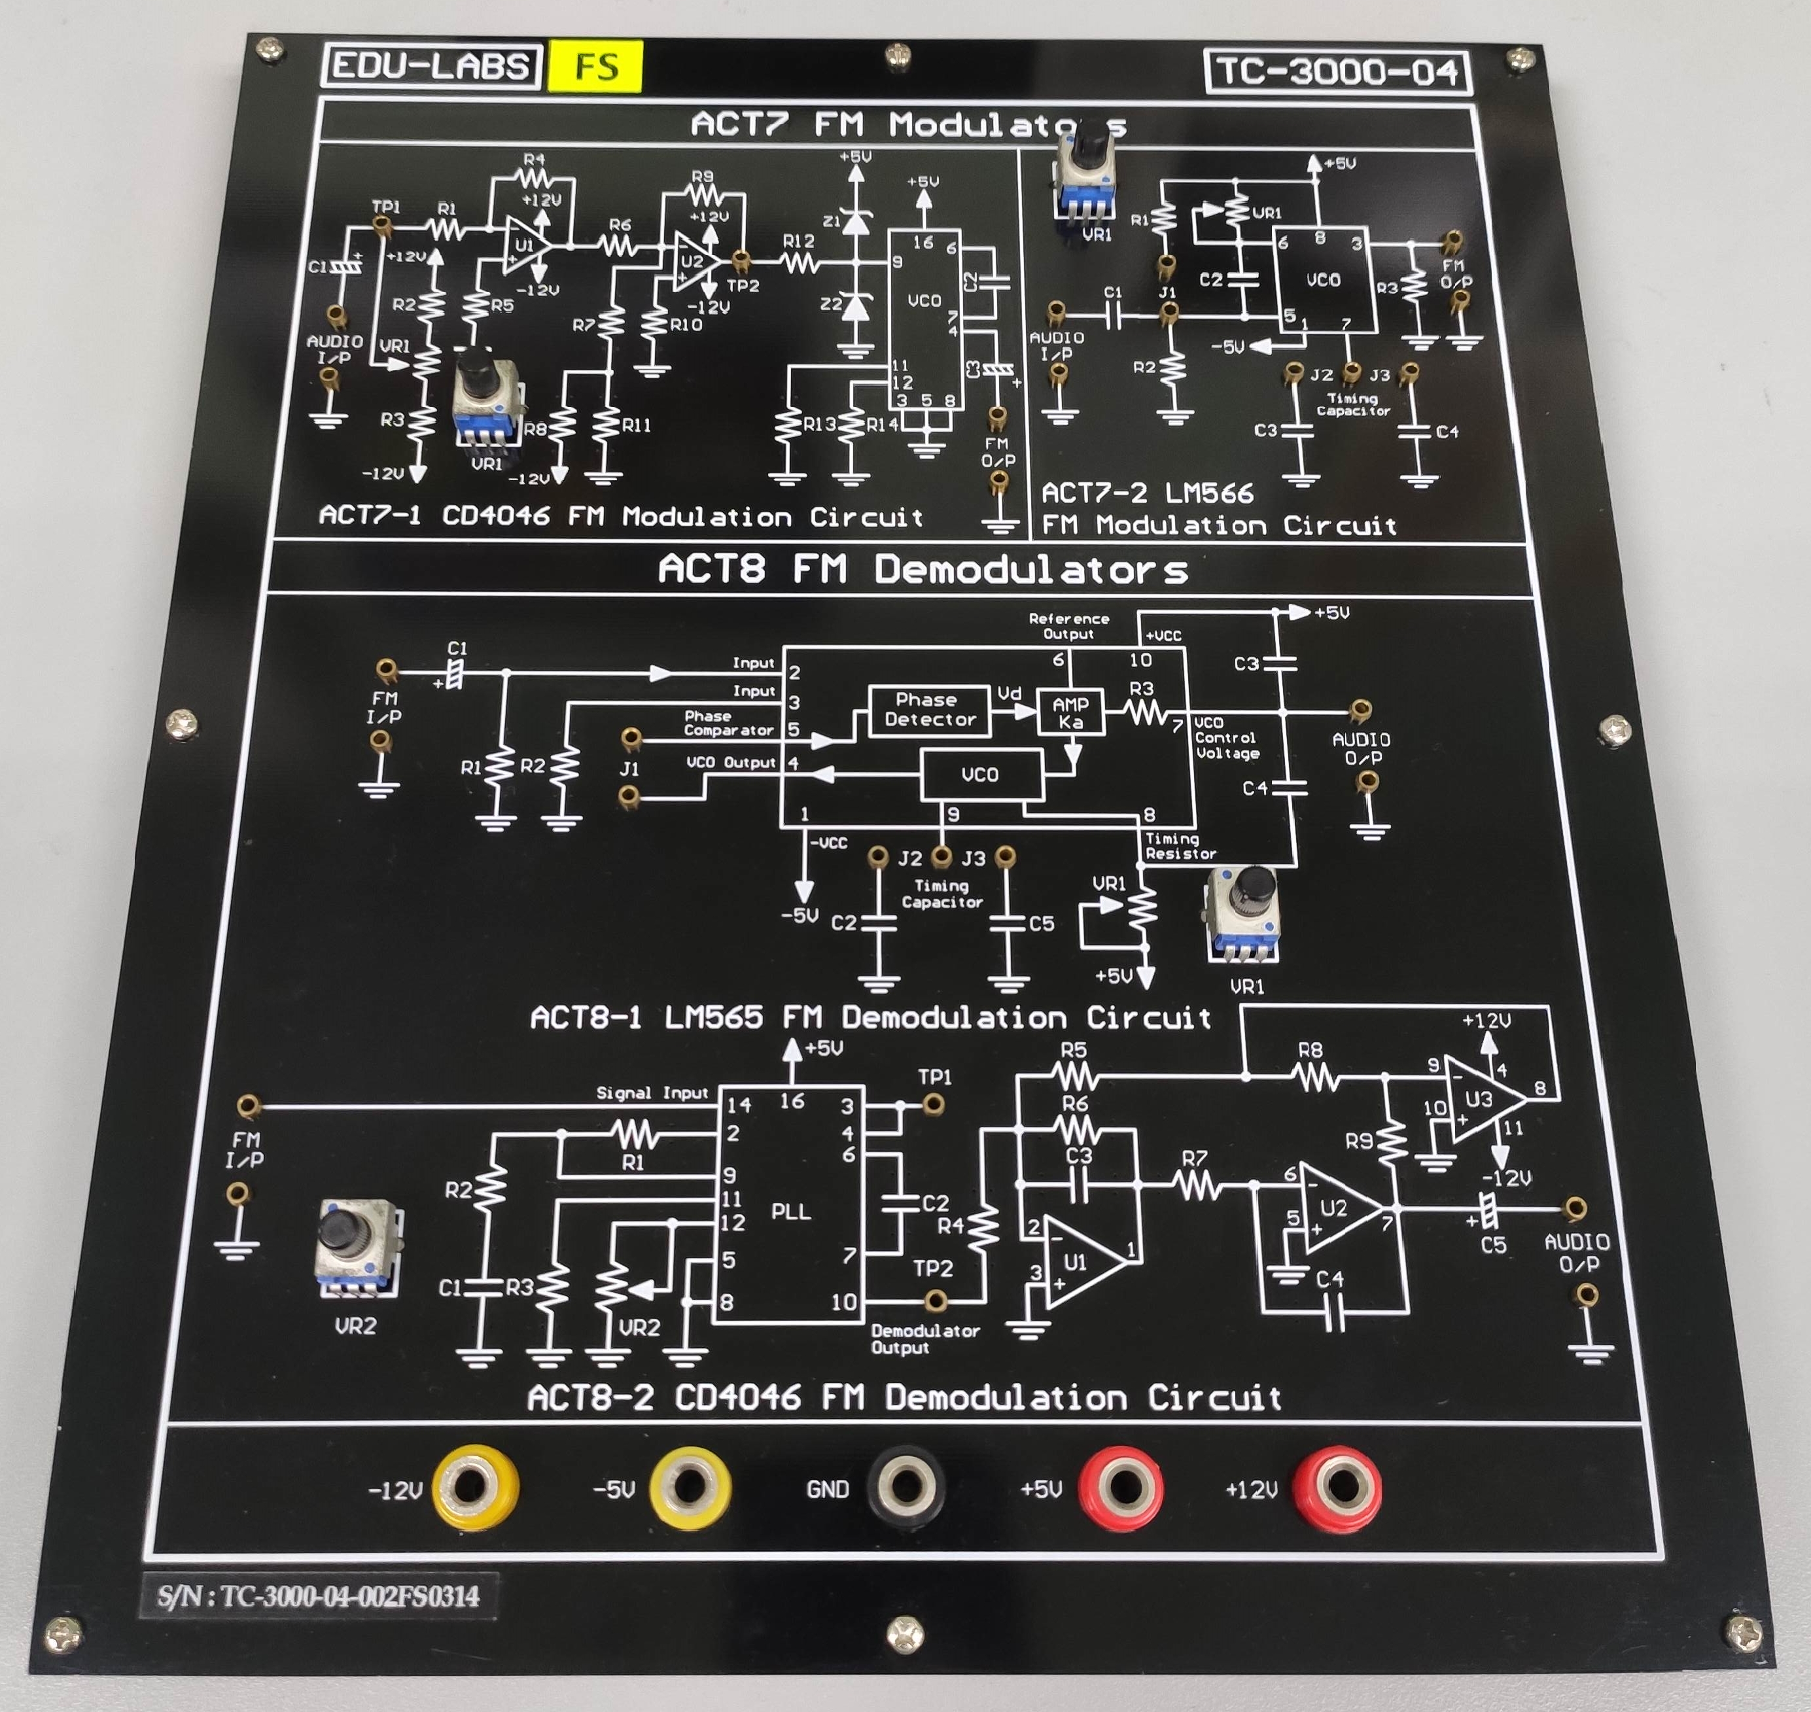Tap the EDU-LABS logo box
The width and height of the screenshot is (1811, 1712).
point(431,65)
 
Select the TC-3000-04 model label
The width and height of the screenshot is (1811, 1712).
point(1337,71)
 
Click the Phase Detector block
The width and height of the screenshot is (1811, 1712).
point(928,710)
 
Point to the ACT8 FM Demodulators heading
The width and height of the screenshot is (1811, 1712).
point(922,569)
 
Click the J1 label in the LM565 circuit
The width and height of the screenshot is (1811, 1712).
point(629,769)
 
